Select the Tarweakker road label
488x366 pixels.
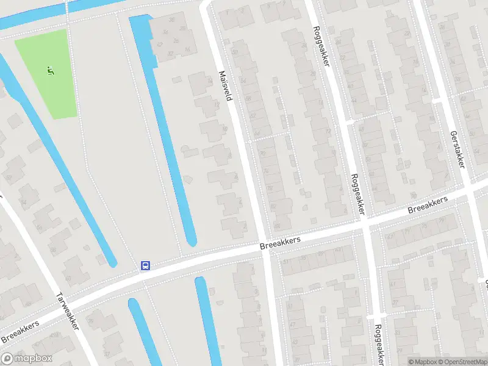coord(67,311)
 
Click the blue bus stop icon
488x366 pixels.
coord(146,265)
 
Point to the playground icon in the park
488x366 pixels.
coord(50,71)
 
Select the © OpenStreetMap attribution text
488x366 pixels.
coord(464,362)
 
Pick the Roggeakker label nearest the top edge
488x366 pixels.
coord(321,46)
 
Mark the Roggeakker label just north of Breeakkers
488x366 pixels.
coord(357,194)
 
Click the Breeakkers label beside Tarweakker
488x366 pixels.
coord(20,331)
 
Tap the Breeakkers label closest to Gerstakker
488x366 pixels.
coord(428,205)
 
